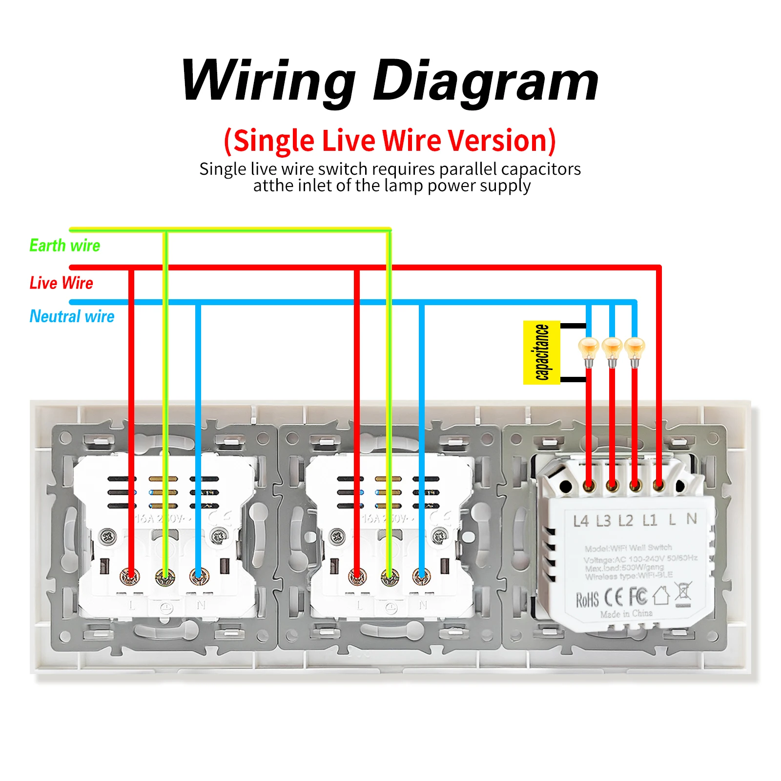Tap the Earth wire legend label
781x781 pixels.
(x=65, y=245)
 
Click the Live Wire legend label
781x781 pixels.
(x=61, y=283)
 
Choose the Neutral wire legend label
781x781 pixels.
(x=72, y=316)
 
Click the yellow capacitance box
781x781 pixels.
(x=541, y=352)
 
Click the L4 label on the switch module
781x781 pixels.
(x=581, y=521)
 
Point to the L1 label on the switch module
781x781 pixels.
(x=650, y=520)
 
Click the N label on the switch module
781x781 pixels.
(x=692, y=518)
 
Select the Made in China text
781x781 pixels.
(x=626, y=614)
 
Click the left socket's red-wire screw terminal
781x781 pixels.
(x=130, y=576)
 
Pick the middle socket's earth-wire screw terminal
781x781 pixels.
(x=389, y=576)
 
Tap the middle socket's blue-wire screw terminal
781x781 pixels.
(x=421, y=576)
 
